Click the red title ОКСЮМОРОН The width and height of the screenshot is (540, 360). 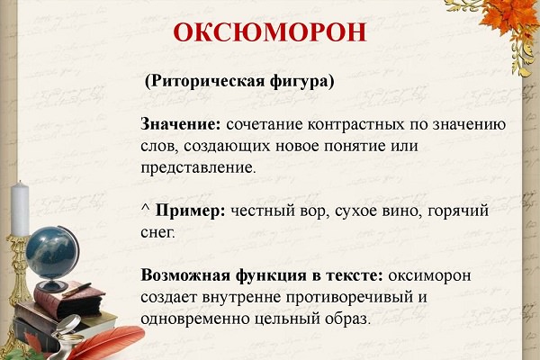[x=270, y=32]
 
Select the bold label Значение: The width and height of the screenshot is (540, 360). [x=181, y=124]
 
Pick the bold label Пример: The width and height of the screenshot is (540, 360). [x=190, y=211]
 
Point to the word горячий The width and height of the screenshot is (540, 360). [x=458, y=211]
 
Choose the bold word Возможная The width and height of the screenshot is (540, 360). [x=185, y=276]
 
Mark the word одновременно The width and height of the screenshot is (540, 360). [x=195, y=319]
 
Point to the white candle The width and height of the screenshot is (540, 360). [x=20, y=209]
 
